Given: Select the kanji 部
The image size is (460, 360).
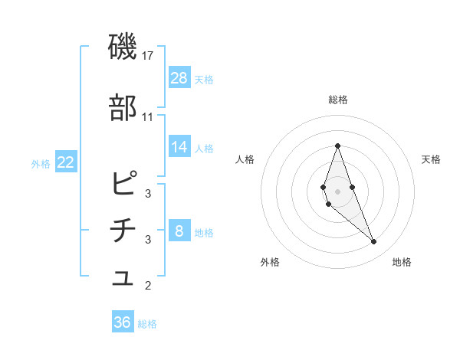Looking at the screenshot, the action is [x=123, y=108].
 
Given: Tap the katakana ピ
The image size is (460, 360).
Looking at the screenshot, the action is [x=123, y=184].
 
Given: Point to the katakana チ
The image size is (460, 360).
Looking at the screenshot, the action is [x=123, y=231].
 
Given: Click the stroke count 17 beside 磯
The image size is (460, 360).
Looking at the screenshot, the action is [x=148, y=56].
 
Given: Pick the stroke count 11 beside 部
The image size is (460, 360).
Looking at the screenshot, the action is [x=148, y=116].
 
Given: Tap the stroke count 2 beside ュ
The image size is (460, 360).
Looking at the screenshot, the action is [x=148, y=286].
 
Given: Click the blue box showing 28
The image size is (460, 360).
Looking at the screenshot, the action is [x=179, y=78].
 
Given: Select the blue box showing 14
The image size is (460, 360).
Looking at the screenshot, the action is [x=179, y=147].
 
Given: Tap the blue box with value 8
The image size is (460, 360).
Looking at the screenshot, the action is [x=179, y=231].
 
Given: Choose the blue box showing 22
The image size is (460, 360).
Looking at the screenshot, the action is [x=65, y=162].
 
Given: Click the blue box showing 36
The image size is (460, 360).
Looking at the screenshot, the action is [x=123, y=322].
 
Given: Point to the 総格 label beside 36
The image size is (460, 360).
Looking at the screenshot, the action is [x=147, y=324].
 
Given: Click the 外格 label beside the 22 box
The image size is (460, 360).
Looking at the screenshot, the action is [x=40, y=163].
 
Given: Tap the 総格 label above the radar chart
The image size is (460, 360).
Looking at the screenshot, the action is [x=337, y=100].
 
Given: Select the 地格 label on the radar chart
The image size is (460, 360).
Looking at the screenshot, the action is [x=402, y=262].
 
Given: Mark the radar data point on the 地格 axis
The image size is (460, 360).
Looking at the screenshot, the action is [x=374, y=242].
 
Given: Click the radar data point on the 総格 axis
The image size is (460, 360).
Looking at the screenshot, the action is [x=337, y=146].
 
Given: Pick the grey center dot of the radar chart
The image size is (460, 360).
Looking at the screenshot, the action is [x=337, y=191].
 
